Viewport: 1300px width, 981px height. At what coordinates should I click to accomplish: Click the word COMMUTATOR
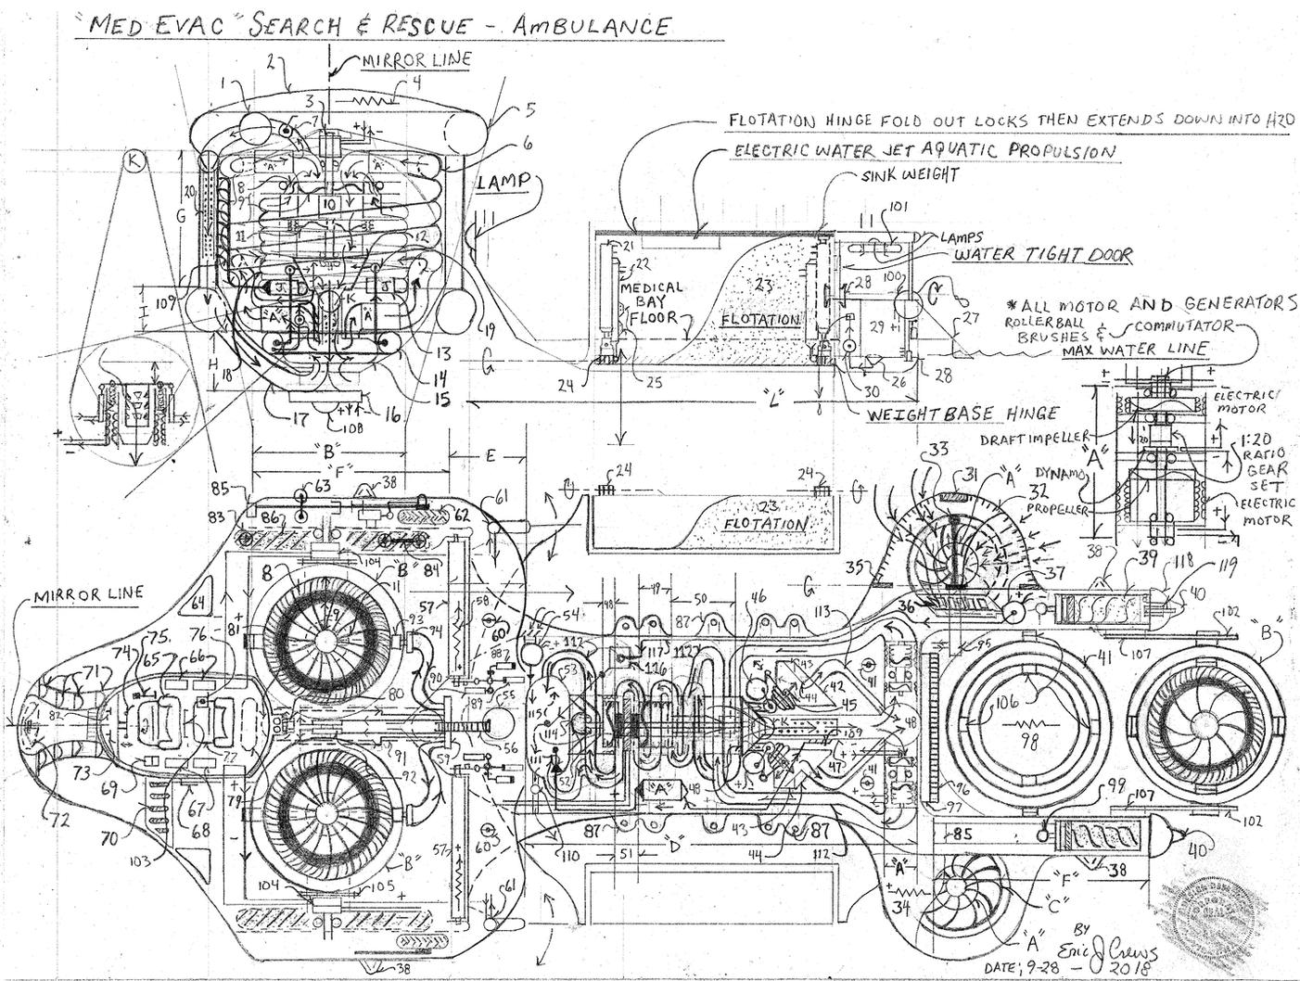1187,325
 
